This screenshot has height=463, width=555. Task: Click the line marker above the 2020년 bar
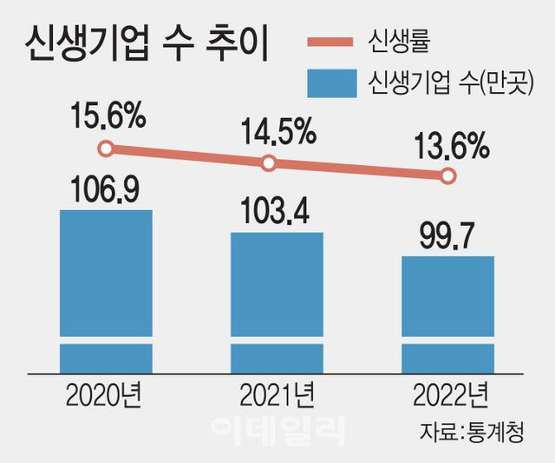pos(106,149)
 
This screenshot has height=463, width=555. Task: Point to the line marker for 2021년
pos(269,162)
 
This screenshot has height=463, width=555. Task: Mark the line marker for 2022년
pos(447,176)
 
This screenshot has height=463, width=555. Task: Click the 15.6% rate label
pos(109,116)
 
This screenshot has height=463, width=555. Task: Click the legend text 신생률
pos(400,42)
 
